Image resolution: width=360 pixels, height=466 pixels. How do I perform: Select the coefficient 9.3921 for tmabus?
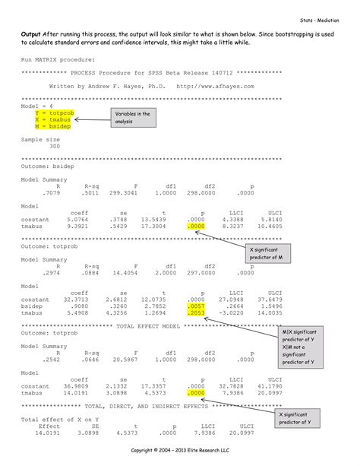coord(78,226)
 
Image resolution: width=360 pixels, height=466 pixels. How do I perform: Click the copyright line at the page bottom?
coord(180,451)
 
